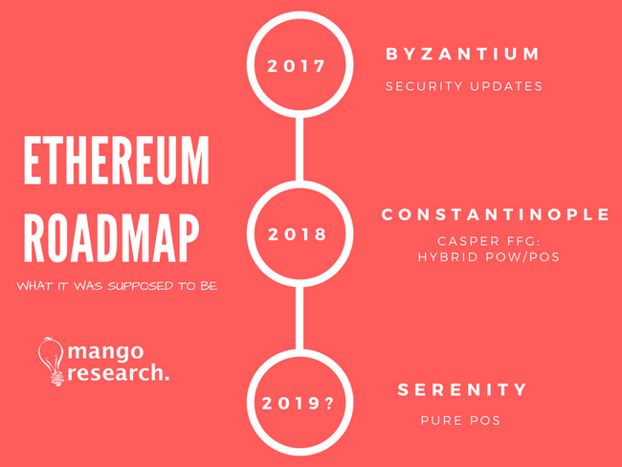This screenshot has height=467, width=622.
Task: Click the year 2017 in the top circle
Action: [297, 66]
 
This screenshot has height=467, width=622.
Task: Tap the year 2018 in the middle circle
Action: [297, 234]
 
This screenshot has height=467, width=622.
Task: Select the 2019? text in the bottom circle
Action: [298, 404]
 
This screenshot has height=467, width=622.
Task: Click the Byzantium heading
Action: [462, 54]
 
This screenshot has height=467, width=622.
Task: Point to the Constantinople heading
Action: [495, 214]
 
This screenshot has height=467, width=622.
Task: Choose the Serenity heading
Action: [462, 389]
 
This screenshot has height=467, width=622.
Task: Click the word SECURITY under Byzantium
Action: [424, 86]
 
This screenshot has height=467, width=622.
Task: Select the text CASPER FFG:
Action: [489, 241]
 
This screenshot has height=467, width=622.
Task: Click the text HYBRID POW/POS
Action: [489, 257]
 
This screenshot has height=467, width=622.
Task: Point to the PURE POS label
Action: [460, 420]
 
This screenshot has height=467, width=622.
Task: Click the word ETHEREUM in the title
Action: [116, 161]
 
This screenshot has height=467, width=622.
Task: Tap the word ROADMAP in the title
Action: [111, 238]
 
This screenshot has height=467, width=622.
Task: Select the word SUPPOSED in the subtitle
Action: [141, 286]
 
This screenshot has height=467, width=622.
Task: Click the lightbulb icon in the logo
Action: [51, 362]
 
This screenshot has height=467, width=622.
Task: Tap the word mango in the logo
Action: [105, 352]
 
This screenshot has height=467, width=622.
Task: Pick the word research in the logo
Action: [115, 373]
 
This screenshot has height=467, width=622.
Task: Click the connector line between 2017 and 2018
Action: [300, 148]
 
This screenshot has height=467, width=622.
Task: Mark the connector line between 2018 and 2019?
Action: [300, 318]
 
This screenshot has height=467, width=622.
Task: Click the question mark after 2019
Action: [329, 404]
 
